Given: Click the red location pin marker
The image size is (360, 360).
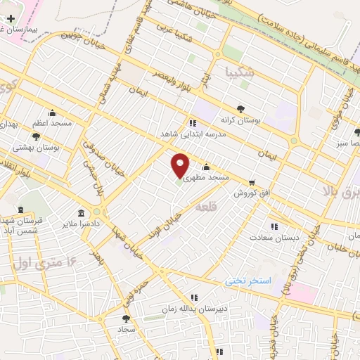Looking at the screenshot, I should pyautogui.click(x=181, y=165).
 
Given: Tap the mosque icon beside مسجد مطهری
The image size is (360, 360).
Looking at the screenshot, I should pyautogui.click(x=206, y=167).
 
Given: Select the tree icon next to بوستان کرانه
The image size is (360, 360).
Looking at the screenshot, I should pyautogui.click(x=241, y=109).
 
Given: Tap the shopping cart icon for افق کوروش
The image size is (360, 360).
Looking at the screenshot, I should pyautogui.click(x=251, y=182).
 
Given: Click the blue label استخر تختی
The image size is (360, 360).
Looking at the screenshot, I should pyautogui.click(x=247, y=281).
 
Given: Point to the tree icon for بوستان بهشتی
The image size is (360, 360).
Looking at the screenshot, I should pyautogui.click(x=36, y=136).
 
